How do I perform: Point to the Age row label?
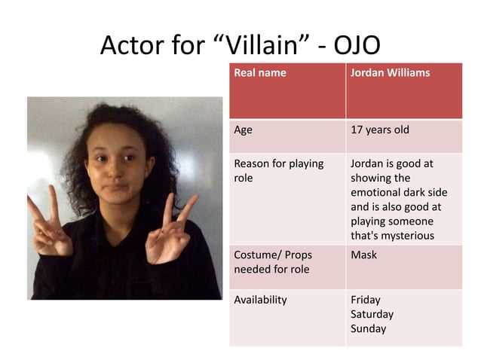244,130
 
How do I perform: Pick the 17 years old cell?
380,130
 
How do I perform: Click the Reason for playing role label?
278,170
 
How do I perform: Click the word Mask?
363,255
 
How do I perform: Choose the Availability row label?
261,299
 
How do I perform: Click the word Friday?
366,299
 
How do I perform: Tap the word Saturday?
372,313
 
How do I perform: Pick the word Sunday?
368,328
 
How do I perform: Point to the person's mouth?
113,188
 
